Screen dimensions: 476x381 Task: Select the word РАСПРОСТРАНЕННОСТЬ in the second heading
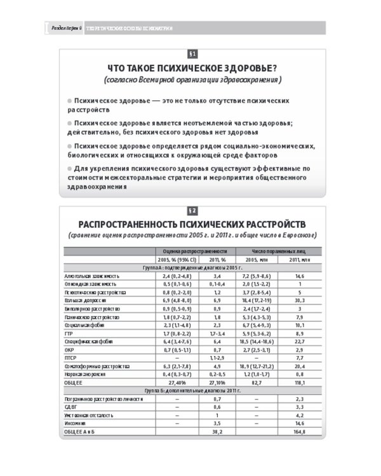[x=142, y=225]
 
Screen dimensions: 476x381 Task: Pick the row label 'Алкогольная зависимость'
[x=92, y=276]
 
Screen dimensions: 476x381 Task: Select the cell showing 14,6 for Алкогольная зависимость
[x=301, y=276]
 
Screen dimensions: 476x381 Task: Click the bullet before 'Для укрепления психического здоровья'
[x=69, y=169]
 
